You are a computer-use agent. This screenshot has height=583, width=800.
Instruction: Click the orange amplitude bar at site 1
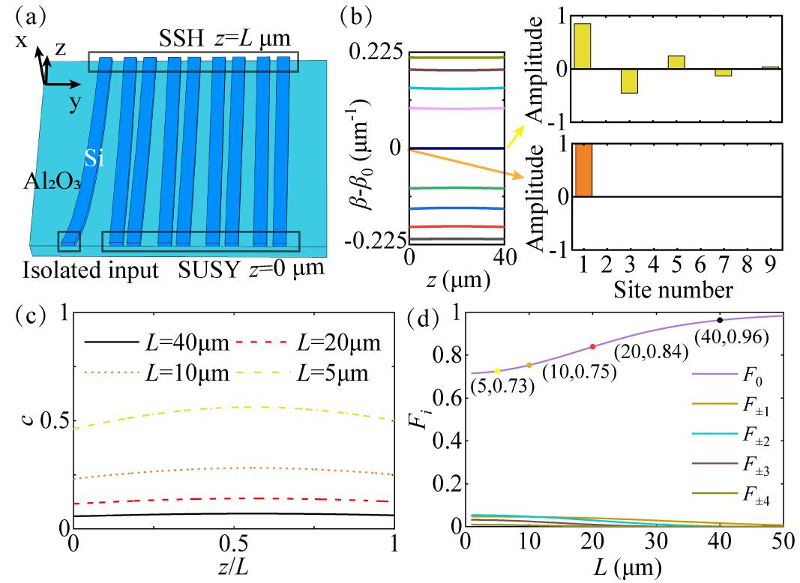point(583,170)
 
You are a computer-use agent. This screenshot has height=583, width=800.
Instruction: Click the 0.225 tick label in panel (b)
point(376,54)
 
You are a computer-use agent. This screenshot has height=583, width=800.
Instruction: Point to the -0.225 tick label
point(373,241)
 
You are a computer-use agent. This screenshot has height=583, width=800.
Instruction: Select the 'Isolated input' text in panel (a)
point(91,269)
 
